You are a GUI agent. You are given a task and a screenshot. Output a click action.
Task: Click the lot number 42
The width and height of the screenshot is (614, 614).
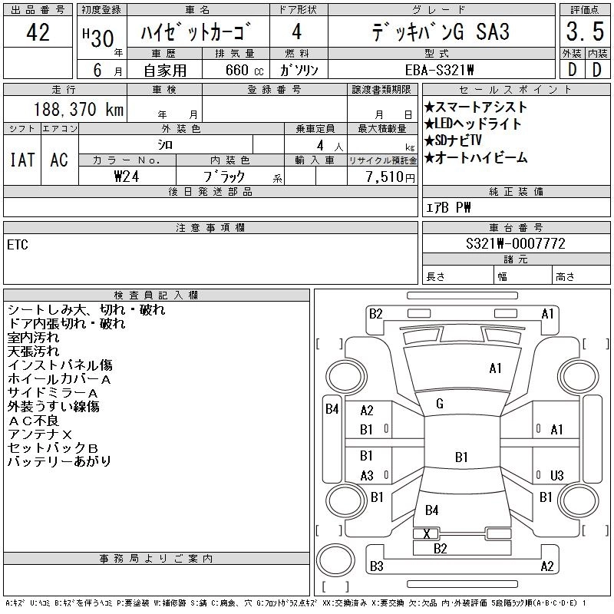pyautogui.click(x=38, y=32)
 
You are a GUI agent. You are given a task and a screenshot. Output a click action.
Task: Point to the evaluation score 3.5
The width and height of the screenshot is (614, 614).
pyautogui.click(x=583, y=32)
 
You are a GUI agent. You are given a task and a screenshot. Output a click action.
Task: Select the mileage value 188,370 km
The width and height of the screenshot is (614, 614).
pyautogui.click(x=79, y=110)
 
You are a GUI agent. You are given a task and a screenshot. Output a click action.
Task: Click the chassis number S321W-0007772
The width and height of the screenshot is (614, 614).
pyautogui.click(x=516, y=243)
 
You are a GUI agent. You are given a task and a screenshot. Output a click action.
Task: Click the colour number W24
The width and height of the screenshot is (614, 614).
pyautogui.click(x=127, y=176)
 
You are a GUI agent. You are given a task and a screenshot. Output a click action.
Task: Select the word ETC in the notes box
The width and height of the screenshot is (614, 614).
pyautogui.click(x=18, y=246)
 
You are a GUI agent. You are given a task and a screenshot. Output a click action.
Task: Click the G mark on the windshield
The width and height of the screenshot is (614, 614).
pyautogui.click(x=440, y=404)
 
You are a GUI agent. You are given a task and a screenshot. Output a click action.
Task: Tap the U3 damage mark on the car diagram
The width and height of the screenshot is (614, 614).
pyautogui.click(x=557, y=475)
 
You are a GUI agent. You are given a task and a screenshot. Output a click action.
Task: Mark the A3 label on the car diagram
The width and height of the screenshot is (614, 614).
pyautogui.click(x=367, y=475)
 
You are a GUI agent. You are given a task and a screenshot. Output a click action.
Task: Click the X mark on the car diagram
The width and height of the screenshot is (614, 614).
pyautogui.click(x=426, y=533)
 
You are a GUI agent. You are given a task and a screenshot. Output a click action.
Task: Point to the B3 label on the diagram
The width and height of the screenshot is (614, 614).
pyautogui.click(x=376, y=566)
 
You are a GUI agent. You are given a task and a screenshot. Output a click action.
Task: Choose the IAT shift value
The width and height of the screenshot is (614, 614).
pyautogui.click(x=21, y=160)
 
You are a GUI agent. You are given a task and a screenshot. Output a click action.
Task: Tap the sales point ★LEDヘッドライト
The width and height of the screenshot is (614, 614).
pyautogui.click(x=474, y=124)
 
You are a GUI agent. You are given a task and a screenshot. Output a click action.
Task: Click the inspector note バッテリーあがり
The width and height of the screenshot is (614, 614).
pyautogui.click(x=59, y=461)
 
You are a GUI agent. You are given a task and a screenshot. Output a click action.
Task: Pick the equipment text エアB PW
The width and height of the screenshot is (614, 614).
pyautogui.click(x=449, y=207)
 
